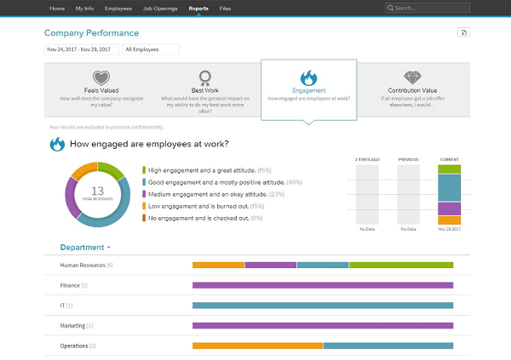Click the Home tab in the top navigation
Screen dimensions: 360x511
[57, 8]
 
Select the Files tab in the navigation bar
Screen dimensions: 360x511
[225, 8]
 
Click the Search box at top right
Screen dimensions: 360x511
[425, 8]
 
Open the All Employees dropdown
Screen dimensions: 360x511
[150, 49]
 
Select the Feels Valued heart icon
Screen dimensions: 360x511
[101, 77]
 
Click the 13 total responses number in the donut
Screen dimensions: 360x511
[97, 191]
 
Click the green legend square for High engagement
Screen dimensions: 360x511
[144, 170]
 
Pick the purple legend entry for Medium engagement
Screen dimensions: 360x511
[144, 194]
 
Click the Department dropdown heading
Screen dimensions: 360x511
[84, 248]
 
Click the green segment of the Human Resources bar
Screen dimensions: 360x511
[400, 266]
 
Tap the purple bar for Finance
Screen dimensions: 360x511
[323, 285]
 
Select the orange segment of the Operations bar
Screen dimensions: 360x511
[257, 346]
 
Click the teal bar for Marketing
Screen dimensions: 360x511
[323, 325]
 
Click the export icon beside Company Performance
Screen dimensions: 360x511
[462, 32]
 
